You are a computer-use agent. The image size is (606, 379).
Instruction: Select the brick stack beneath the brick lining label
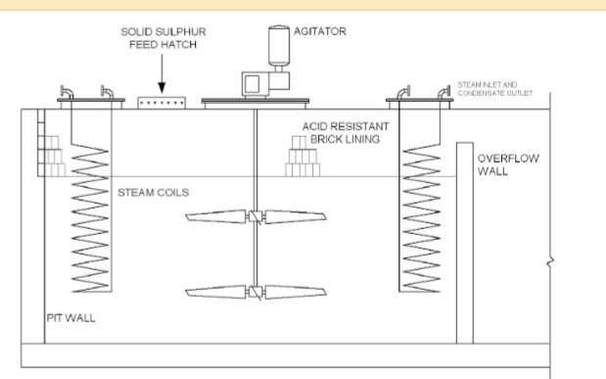tap(303, 157)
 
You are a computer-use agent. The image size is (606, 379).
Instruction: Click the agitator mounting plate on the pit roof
tap(257, 102)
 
